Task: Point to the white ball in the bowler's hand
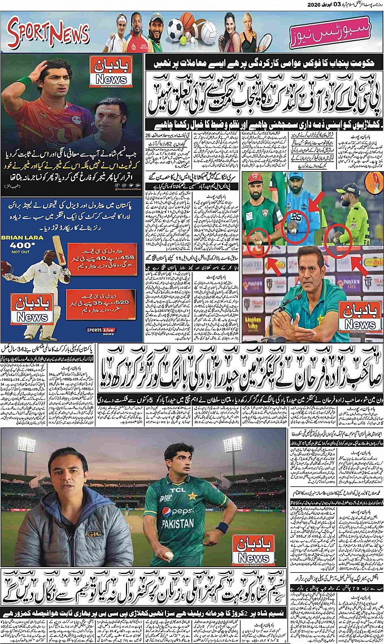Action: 169,555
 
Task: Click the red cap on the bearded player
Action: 256,179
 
